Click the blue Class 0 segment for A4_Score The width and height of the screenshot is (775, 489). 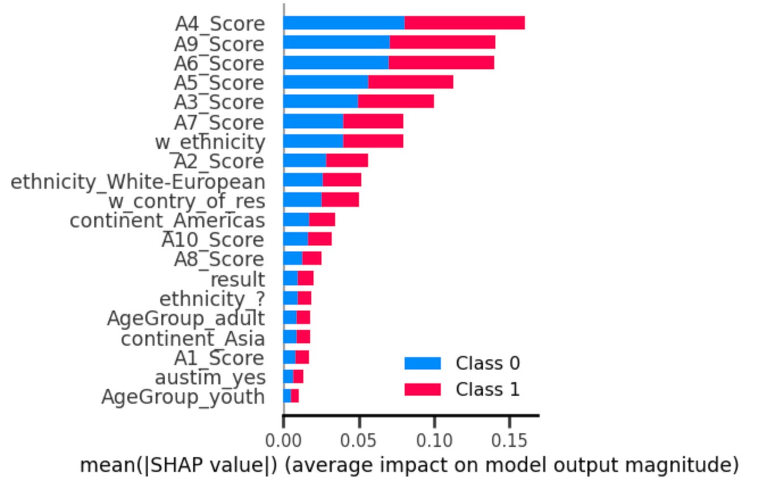click(344, 23)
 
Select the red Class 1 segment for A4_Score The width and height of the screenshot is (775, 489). click(464, 23)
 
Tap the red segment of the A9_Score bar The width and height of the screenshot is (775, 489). click(442, 43)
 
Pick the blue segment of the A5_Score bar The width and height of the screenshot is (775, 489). click(326, 82)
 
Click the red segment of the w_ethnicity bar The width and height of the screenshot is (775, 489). click(373, 140)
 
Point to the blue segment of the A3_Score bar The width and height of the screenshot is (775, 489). click(320, 102)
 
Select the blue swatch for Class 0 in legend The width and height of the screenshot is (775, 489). click(422, 363)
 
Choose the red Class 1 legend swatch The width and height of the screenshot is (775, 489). click(422, 389)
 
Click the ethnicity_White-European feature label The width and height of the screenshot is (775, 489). click(138, 182)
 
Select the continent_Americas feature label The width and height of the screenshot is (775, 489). click(167, 221)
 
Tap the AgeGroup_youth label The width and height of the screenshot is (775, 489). click(183, 397)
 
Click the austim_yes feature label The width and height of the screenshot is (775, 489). click(210, 378)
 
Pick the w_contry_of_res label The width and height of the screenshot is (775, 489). click(186, 201)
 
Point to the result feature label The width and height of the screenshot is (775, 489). click(238, 279)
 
